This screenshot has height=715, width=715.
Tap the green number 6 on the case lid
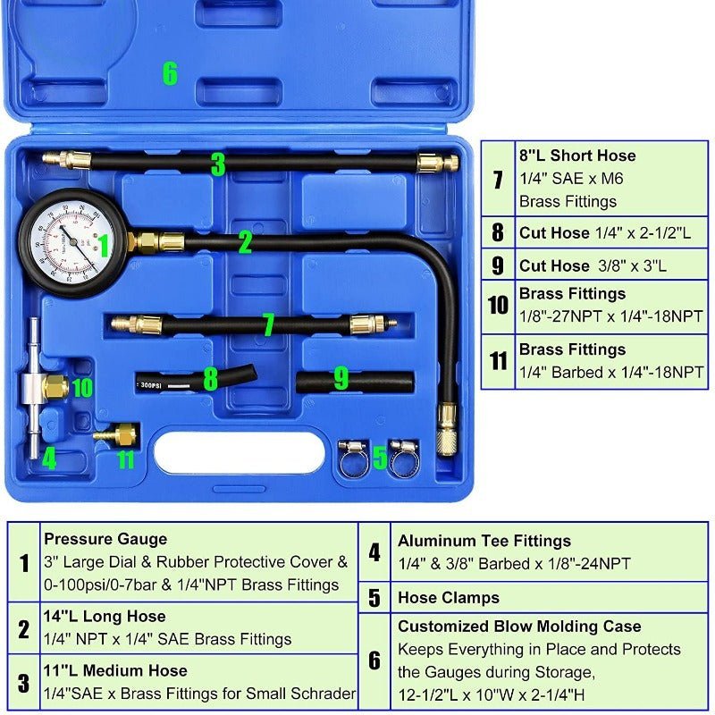170,73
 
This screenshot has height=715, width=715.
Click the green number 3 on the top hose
218,164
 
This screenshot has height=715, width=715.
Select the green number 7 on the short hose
267,324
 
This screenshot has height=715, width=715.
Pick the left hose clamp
352,458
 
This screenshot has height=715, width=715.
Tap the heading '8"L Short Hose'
577,156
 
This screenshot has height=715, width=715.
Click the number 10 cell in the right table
499,306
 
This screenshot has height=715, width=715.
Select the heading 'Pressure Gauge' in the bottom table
105,539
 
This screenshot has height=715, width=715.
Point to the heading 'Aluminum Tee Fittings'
484,541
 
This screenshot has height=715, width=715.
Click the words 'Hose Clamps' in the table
449,598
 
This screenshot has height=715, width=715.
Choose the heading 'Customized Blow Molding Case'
519,627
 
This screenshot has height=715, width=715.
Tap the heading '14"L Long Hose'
105,617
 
